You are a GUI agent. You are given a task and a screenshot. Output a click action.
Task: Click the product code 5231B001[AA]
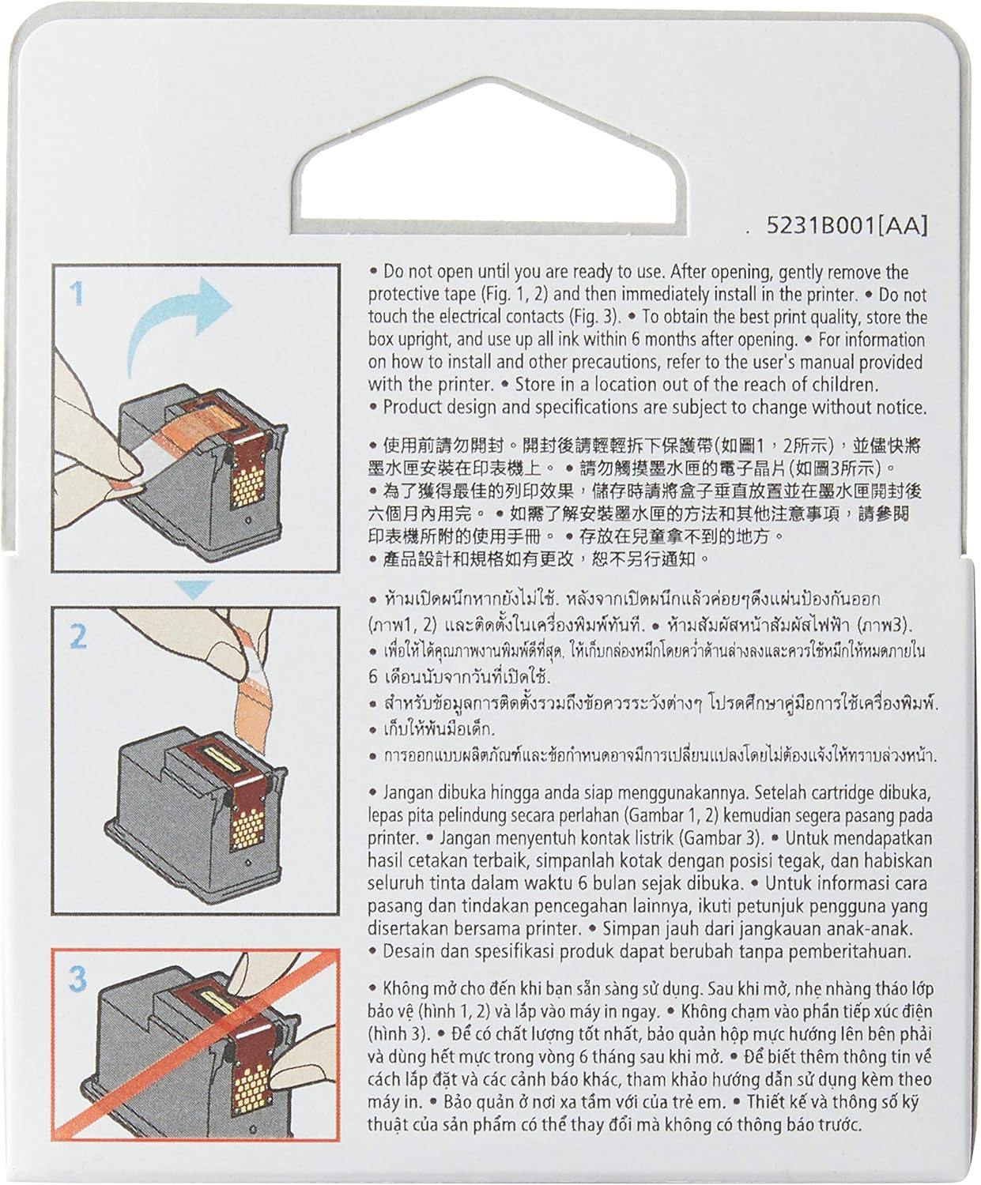847,226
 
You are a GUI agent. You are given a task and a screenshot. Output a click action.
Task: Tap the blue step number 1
77,293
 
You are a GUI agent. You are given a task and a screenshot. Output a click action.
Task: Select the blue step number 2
77,637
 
